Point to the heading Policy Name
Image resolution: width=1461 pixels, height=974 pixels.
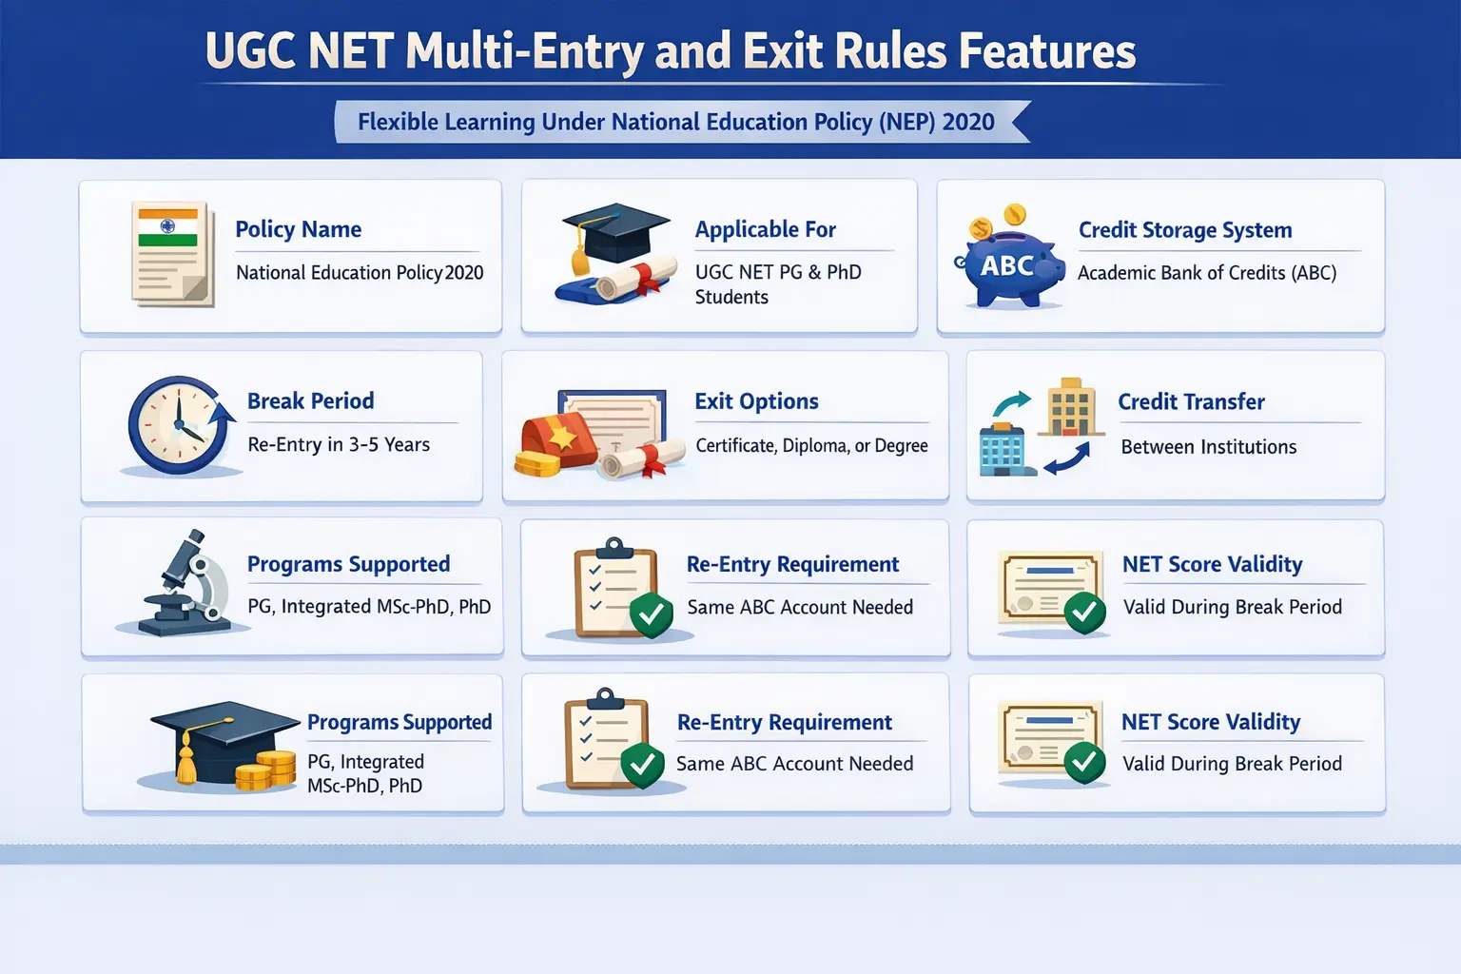tap(298, 229)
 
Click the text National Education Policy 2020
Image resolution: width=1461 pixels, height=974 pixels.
tap(360, 272)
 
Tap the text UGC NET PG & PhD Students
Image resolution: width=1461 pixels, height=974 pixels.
tap(778, 284)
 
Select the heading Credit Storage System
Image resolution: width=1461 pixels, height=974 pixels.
tap(1185, 229)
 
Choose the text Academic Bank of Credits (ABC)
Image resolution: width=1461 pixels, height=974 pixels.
tap(1207, 273)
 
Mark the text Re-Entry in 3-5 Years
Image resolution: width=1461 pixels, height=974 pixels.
tap(339, 444)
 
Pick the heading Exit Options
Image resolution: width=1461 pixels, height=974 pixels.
tap(756, 401)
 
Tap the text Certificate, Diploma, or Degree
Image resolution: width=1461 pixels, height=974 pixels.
tap(811, 445)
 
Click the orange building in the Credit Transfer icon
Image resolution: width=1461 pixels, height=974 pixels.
tap(1070, 406)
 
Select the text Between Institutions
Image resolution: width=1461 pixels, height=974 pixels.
tap(1209, 447)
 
